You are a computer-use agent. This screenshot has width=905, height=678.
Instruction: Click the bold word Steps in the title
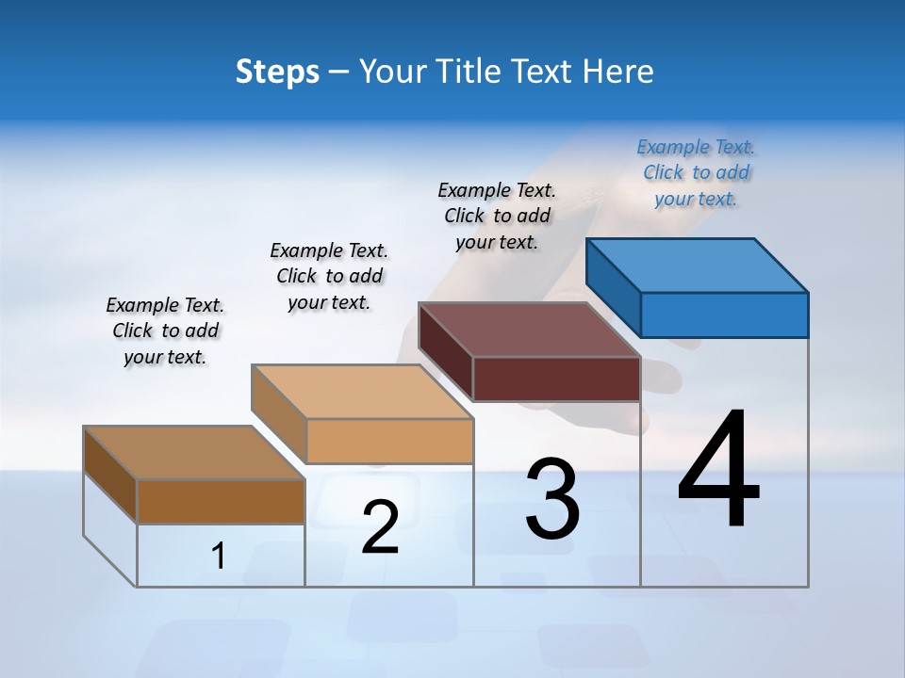277,72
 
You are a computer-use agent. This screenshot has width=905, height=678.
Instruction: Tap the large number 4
718,471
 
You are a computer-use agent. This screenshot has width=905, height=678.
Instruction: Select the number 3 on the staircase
552,499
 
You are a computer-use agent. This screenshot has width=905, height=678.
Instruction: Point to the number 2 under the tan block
380,527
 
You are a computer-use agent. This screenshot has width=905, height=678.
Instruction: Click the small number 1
219,556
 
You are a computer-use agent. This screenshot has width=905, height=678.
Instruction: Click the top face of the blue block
698,265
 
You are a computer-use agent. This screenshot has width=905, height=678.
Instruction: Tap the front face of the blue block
724,315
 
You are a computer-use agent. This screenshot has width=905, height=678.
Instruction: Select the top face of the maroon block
530,330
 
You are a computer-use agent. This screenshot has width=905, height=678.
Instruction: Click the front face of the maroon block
556,379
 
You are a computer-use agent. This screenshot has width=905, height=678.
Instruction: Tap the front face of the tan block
389,441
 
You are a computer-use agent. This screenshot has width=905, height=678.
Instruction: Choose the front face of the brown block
221,501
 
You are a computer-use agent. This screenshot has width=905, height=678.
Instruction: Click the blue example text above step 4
696,173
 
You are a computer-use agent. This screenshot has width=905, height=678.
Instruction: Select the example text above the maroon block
497,216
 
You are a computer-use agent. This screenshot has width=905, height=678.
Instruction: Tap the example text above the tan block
329,276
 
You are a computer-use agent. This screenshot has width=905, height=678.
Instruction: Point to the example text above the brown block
165,331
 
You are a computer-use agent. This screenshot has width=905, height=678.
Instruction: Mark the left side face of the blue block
614,287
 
